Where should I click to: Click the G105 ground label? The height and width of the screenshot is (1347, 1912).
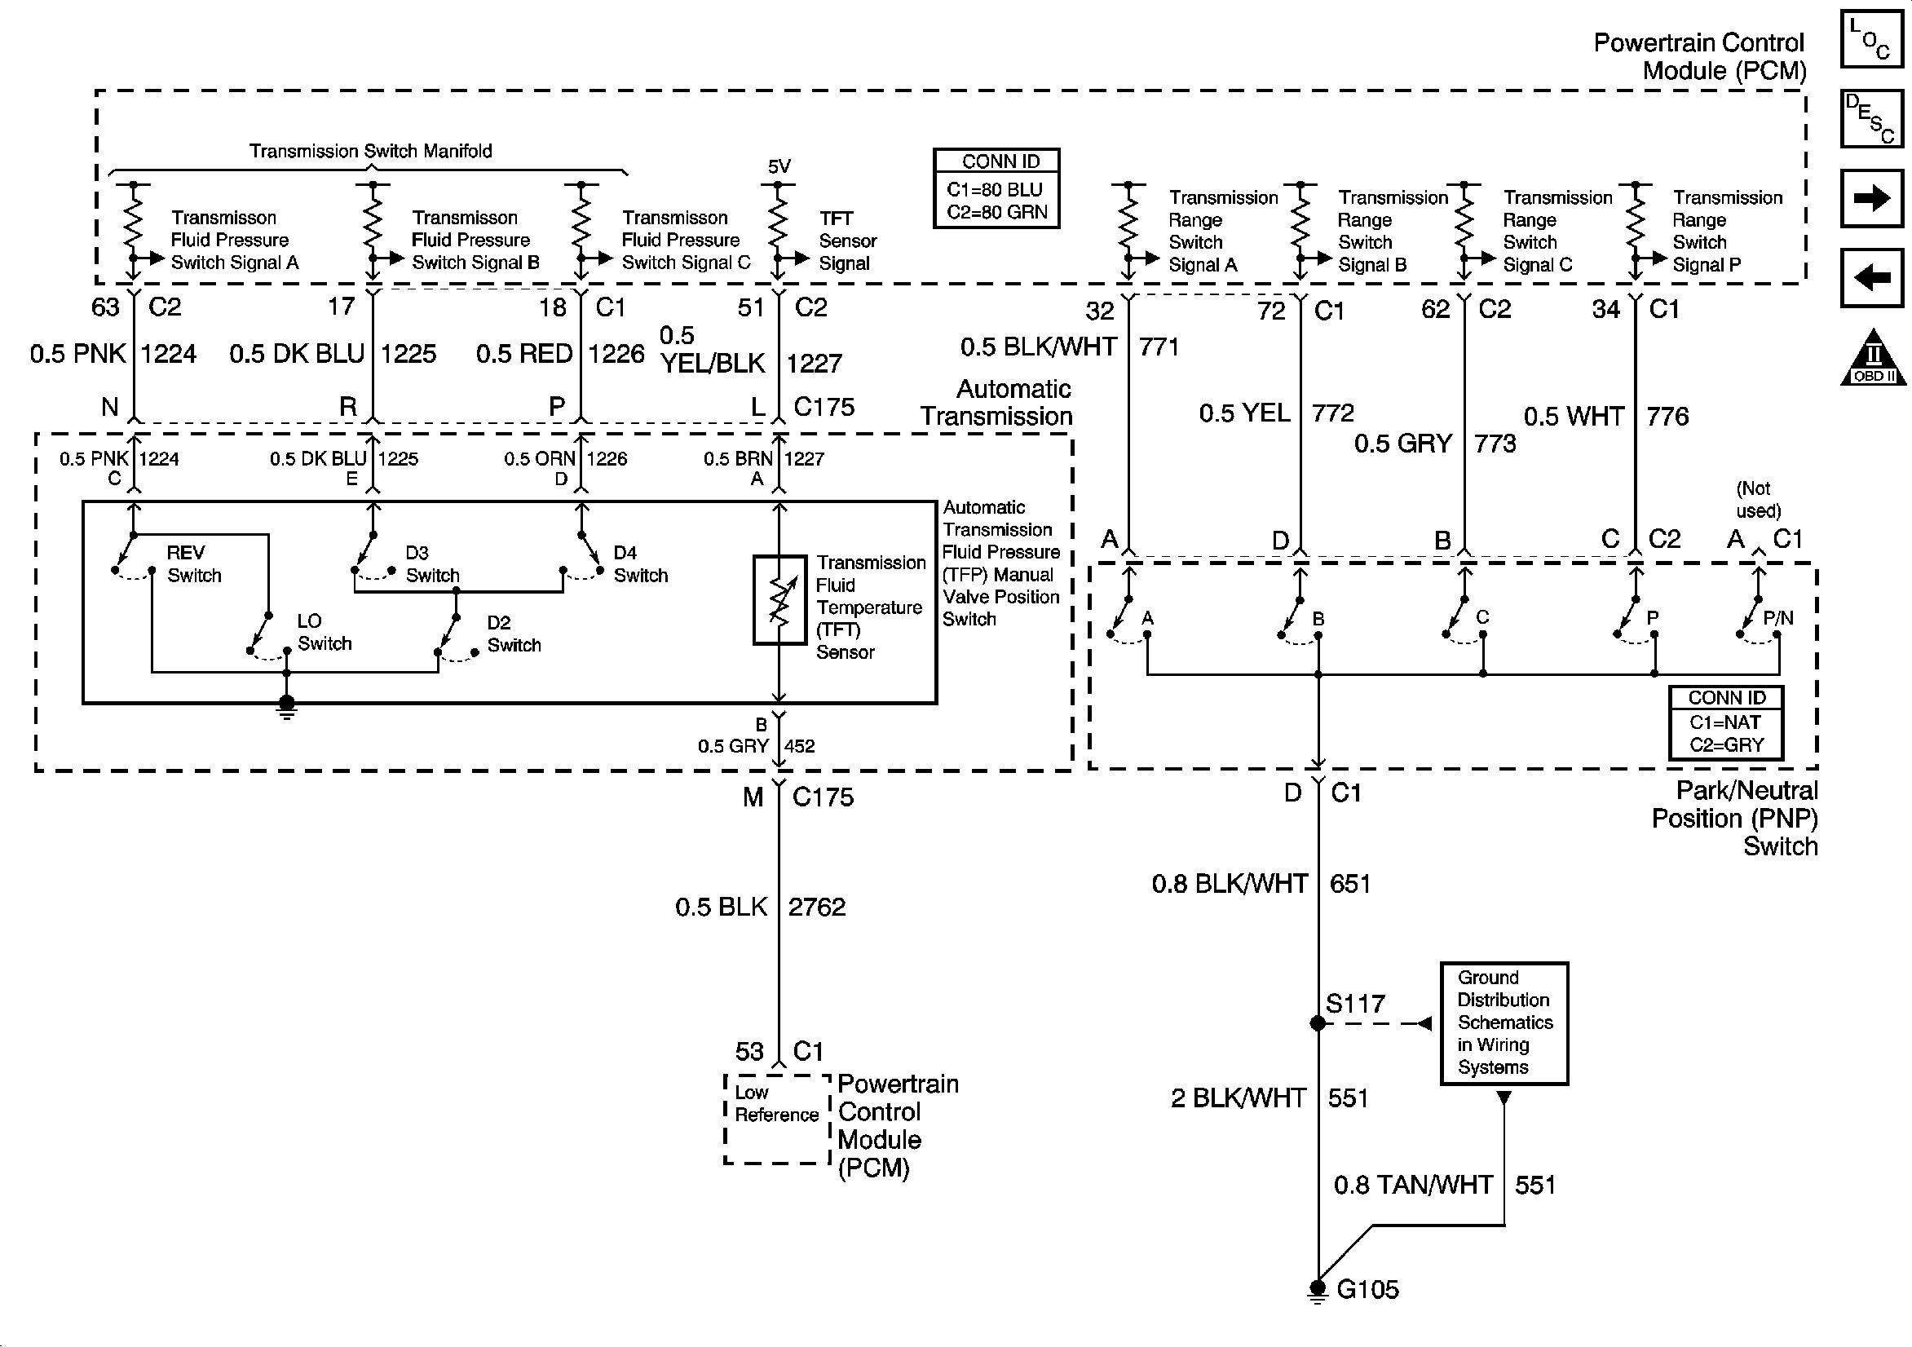pyautogui.click(x=1367, y=1290)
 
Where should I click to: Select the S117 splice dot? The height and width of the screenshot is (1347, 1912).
pyautogui.click(x=1318, y=1023)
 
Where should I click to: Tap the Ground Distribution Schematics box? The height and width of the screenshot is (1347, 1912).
pyautogui.click(x=1504, y=1023)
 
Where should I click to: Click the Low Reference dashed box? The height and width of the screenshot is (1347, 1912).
pyautogui.click(x=778, y=1119)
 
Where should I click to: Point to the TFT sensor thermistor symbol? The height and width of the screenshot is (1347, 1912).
pyautogui.click(x=779, y=600)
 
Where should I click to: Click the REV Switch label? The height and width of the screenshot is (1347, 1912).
pyautogui.click(x=194, y=564)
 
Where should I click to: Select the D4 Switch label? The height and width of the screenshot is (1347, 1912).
pyautogui.click(x=640, y=564)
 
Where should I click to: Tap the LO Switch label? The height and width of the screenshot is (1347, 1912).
pyautogui.click(x=324, y=632)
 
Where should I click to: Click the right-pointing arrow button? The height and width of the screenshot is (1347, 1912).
pyautogui.click(x=1871, y=198)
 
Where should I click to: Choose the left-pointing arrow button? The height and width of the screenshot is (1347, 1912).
pyautogui.click(x=1871, y=277)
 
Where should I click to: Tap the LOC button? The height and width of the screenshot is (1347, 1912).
pyautogui.click(x=1871, y=39)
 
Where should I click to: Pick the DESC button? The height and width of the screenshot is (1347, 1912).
pyautogui.click(x=1871, y=118)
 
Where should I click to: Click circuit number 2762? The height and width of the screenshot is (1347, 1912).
pyautogui.click(x=817, y=907)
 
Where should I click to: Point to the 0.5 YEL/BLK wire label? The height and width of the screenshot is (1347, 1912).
pyautogui.click(x=712, y=349)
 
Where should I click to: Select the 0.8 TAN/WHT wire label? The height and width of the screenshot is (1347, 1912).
pyautogui.click(x=1413, y=1185)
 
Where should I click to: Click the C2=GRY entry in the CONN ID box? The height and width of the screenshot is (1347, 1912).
pyautogui.click(x=1726, y=744)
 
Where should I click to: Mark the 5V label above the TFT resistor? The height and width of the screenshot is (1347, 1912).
pyautogui.click(x=779, y=166)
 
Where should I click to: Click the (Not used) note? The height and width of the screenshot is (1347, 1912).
pyautogui.click(x=1758, y=500)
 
